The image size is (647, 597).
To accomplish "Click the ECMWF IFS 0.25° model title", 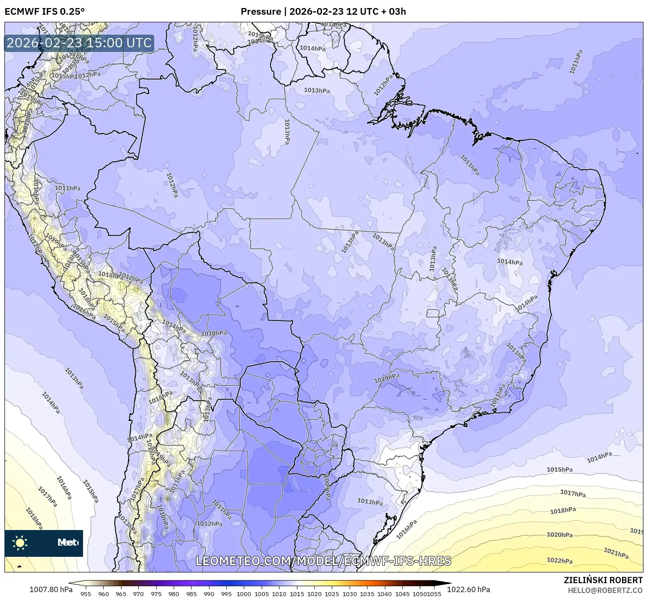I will pos(45,11).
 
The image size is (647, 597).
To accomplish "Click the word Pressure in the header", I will pos(261,11).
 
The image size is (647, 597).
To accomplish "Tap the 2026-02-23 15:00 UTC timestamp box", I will pos(79,43).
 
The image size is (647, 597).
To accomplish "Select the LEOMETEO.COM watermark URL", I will pos(323,561).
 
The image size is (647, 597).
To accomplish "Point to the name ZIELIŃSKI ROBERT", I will pos(603,580).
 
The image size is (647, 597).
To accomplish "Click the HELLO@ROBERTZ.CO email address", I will pos(605,590).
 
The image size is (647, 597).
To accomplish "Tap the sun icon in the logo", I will pos(20,543).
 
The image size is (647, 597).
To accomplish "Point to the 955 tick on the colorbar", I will pos(86,594).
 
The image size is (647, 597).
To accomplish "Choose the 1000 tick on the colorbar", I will pos(244,594).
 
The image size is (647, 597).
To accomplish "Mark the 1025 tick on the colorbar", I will pos(332,594).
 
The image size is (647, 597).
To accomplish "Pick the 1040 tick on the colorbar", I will pos(384,594).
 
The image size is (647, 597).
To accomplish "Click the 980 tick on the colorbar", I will pos(174,594).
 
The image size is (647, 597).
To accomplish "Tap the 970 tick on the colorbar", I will pos(138,594).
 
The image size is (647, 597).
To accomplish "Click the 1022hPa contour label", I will pos(559,560).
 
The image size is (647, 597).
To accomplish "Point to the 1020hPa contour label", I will pos(559,534).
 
